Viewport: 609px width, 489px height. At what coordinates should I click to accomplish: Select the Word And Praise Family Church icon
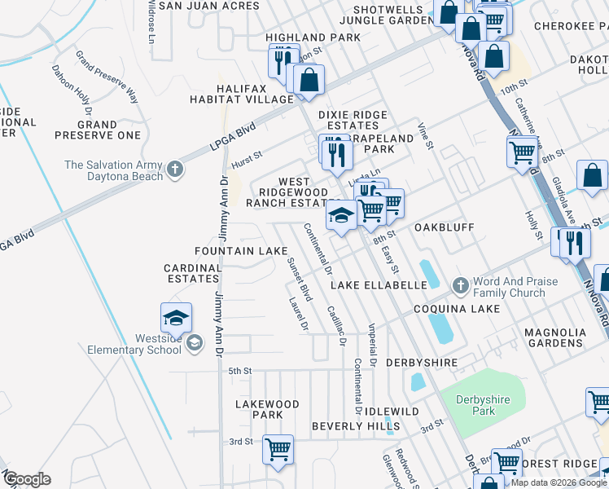(x=460, y=286)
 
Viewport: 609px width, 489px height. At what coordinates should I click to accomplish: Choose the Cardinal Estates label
(x=193, y=273)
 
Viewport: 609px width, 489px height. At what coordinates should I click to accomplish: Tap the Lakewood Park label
(x=267, y=409)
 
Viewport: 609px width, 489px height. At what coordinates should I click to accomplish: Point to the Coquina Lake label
(x=456, y=309)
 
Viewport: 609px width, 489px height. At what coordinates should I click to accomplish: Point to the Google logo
(x=28, y=479)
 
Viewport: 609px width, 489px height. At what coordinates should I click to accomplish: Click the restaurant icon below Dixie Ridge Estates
(x=334, y=152)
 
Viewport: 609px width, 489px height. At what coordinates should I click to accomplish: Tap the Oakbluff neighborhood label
(x=445, y=227)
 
